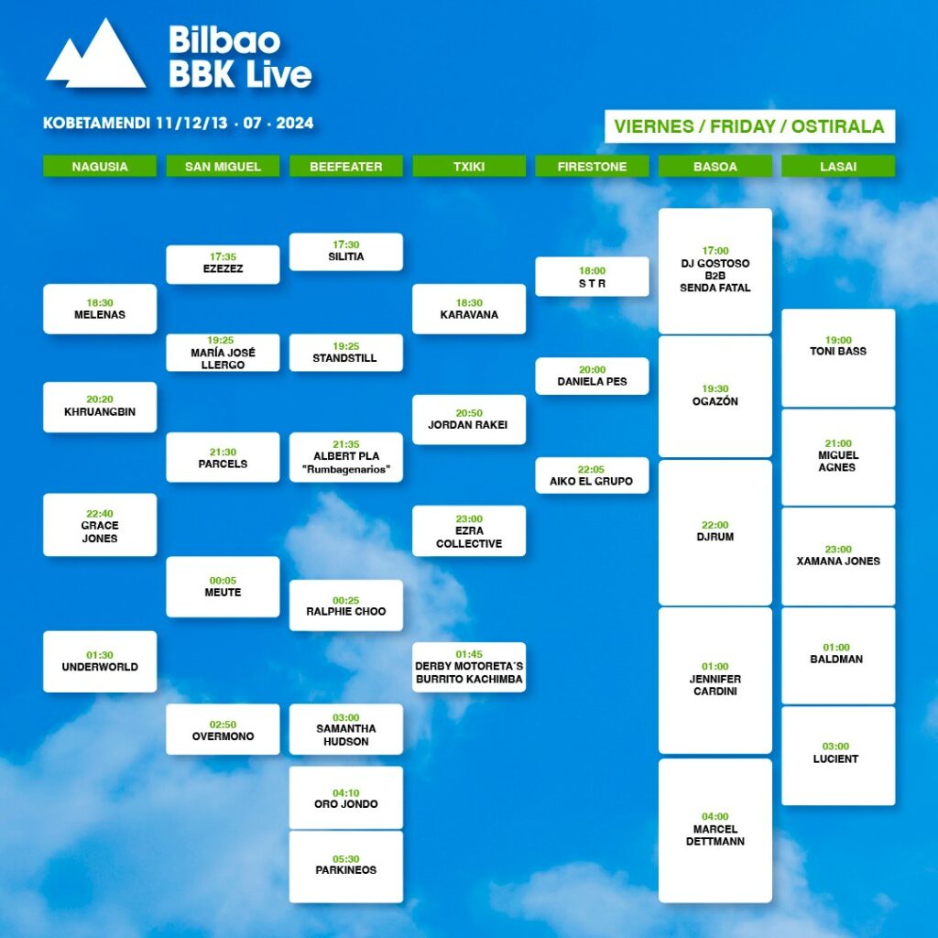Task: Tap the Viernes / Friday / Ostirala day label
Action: click(749, 126)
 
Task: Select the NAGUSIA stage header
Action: click(100, 167)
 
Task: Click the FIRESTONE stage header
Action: click(592, 167)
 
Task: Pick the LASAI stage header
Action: click(838, 167)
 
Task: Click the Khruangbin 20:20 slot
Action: click(100, 407)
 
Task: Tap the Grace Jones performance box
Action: click(100, 525)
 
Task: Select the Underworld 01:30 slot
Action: click(100, 661)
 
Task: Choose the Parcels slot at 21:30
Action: click(223, 457)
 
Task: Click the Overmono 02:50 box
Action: click(223, 729)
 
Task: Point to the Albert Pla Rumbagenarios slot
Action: click(345, 457)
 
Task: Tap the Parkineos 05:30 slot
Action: click(345, 867)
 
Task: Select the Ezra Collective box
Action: click(469, 530)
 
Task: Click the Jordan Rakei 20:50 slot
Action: click(469, 420)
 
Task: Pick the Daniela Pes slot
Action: click(592, 376)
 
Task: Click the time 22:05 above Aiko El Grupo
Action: click(591, 470)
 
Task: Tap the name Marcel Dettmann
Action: click(714, 835)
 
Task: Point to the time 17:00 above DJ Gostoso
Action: click(714, 251)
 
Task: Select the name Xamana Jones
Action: click(838, 562)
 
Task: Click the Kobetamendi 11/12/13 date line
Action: click(179, 123)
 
